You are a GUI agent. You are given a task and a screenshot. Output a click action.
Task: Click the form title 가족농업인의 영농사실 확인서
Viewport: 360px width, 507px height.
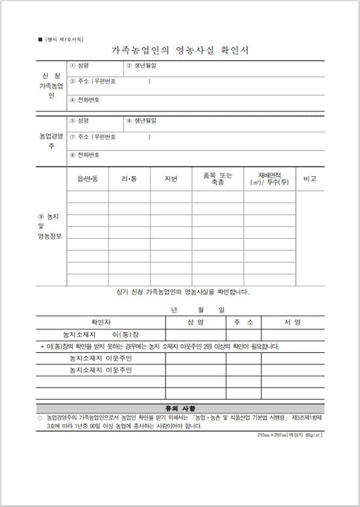(x=180, y=51)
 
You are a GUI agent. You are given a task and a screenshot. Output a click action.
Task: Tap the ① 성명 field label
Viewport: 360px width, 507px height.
(x=79, y=66)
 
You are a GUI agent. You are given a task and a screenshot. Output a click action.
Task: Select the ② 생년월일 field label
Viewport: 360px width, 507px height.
(x=141, y=66)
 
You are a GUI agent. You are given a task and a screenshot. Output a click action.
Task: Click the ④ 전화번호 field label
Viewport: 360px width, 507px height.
(x=85, y=100)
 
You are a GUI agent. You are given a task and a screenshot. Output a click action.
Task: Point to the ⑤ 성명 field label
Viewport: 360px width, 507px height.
(x=79, y=121)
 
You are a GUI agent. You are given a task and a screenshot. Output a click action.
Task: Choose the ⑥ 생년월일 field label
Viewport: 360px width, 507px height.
(x=141, y=121)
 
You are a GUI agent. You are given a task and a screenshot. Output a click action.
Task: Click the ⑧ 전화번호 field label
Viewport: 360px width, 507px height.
(x=85, y=155)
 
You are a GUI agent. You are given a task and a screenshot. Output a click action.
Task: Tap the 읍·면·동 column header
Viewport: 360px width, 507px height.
(x=88, y=179)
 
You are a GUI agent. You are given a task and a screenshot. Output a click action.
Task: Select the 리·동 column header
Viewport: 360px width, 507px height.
(x=129, y=179)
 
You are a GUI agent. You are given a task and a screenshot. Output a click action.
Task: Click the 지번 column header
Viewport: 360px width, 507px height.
(x=171, y=179)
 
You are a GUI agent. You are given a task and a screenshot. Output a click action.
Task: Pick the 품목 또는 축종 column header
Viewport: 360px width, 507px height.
(x=218, y=179)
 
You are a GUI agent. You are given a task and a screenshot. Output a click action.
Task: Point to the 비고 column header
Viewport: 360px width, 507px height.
(x=310, y=179)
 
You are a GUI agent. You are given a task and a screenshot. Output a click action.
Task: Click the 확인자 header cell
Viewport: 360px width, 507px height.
(x=101, y=322)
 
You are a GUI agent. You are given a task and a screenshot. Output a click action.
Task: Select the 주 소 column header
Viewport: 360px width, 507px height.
(x=243, y=322)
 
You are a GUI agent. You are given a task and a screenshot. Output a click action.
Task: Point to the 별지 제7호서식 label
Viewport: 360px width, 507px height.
(x=64, y=39)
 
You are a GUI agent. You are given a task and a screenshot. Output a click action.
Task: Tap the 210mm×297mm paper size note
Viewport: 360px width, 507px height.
(x=290, y=434)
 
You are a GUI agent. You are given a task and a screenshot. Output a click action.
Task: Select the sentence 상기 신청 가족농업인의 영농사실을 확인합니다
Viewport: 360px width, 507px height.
(x=182, y=293)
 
